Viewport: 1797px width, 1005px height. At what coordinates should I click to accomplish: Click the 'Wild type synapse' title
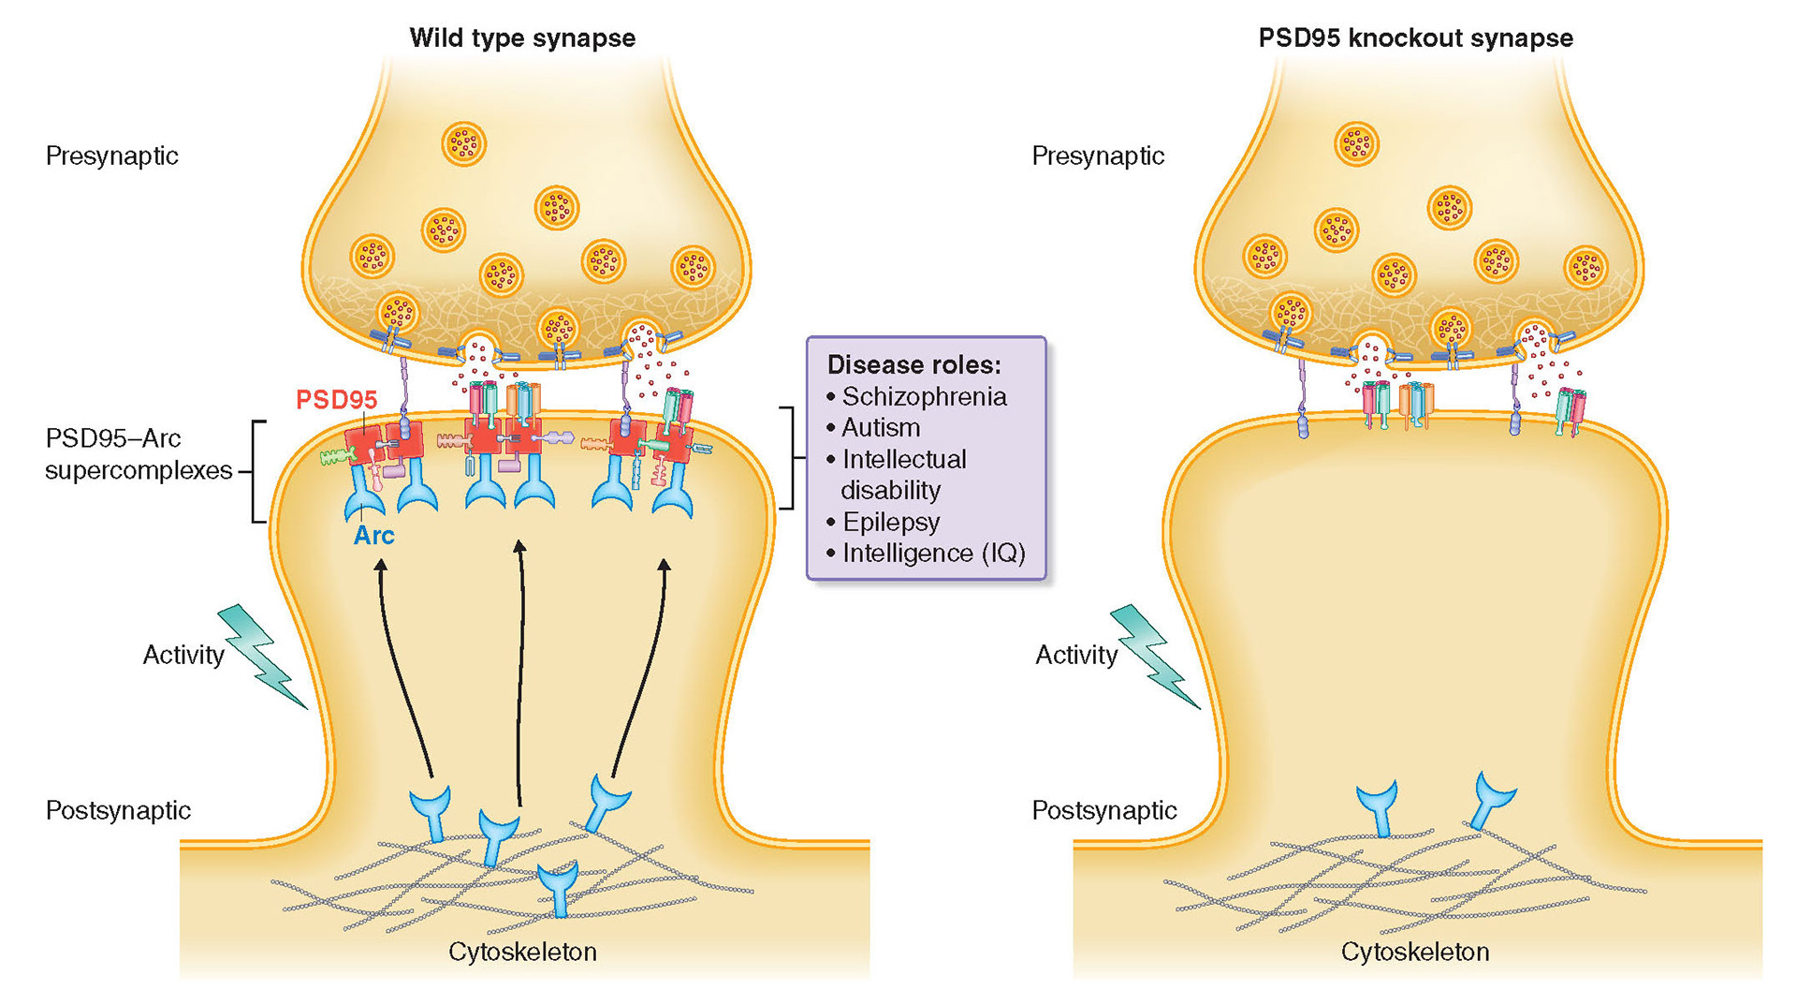pyautogui.click(x=522, y=38)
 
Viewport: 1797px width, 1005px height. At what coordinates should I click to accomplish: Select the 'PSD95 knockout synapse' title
pyautogui.click(x=1415, y=38)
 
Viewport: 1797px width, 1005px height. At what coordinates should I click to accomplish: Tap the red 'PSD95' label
pyautogui.click(x=336, y=400)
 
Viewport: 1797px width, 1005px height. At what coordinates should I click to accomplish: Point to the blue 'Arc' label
pyautogui.click(x=373, y=536)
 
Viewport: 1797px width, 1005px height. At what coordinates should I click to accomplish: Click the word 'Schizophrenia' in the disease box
pyautogui.click(x=924, y=397)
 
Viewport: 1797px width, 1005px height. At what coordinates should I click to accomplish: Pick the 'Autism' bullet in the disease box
pyautogui.click(x=880, y=428)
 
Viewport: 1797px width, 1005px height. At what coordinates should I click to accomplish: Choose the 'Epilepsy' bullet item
pyautogui.click(x=890, y=522)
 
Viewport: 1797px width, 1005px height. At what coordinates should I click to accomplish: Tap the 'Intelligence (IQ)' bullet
pyautogui.click(x=933, y=554)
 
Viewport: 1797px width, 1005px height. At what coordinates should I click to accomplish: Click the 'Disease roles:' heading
pyautogui.click(x=913, y=364)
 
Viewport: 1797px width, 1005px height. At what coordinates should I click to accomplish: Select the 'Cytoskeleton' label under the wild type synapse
pyautogui.click(x=522, y=952)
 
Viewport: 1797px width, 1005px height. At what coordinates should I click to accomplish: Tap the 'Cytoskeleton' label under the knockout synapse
pyautogui.click(x=1414, y=952)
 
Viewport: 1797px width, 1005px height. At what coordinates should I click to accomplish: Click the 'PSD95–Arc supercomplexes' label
pyautogui.click(x=139, y=454)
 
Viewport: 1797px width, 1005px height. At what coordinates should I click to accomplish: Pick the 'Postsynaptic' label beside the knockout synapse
pyautogui.click(x=1103, y=810)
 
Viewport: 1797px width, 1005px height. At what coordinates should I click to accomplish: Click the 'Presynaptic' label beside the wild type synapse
pyautogui.click(x=111, y=155)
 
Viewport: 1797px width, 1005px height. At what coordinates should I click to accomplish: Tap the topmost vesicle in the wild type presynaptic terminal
pyautogui.click(x=463, y=144)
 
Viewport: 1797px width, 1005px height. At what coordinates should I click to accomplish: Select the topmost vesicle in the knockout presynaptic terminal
pyautogui.click(x=1356, y=144)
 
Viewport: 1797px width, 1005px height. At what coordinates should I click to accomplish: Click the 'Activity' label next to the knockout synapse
pyautogui.click(x=1075, y=655)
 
